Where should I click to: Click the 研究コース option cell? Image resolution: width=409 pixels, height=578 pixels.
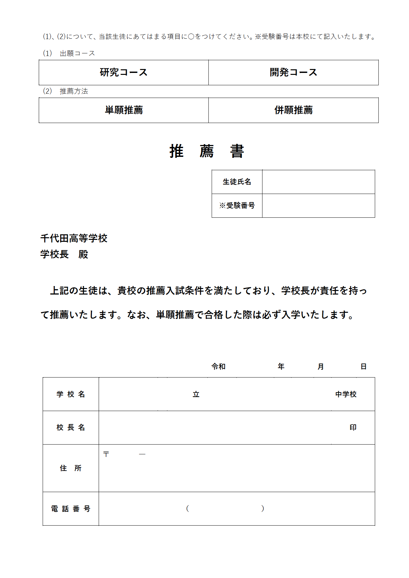[124, 72]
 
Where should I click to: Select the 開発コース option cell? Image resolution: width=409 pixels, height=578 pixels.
[293, 72]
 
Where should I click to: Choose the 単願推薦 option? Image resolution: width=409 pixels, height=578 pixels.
[124, 110]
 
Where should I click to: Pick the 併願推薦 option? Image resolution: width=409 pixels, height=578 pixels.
[293, 110]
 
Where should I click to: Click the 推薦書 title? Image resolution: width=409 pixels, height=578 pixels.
[207, 151]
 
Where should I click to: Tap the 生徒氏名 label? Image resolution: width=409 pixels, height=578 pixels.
[237, 182]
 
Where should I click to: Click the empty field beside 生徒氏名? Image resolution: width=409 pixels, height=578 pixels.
[318, 182]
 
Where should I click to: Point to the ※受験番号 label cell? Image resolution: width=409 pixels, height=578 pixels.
[237, 205]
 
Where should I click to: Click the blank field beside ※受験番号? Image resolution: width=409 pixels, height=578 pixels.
[318, 205]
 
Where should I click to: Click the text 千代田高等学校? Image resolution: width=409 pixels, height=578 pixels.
[74, 238]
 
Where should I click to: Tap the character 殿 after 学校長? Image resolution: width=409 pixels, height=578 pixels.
[83, 254]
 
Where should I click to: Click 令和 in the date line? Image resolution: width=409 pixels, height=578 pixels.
[218, 366]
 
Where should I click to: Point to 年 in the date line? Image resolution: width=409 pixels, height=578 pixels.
[281, 366]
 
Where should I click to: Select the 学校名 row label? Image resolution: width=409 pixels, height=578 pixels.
[71, 394]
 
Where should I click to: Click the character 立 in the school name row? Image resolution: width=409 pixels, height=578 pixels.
[196, 394]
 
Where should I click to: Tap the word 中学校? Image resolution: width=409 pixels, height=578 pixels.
[346, 394]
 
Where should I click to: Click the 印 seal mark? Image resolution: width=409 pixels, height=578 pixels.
[353, 427]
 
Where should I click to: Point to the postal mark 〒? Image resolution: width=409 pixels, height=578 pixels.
[106, 454]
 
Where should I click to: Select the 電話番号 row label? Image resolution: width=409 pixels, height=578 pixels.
[71, 509]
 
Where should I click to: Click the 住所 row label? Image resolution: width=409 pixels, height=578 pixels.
[71, 468]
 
